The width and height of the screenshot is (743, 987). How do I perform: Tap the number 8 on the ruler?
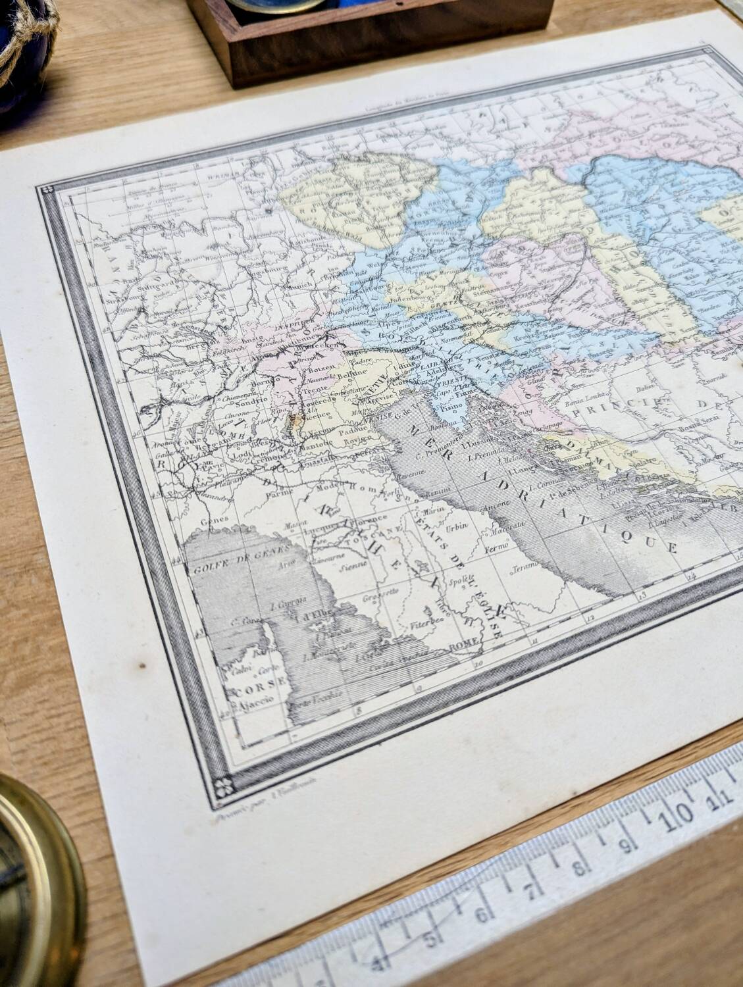578,867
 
